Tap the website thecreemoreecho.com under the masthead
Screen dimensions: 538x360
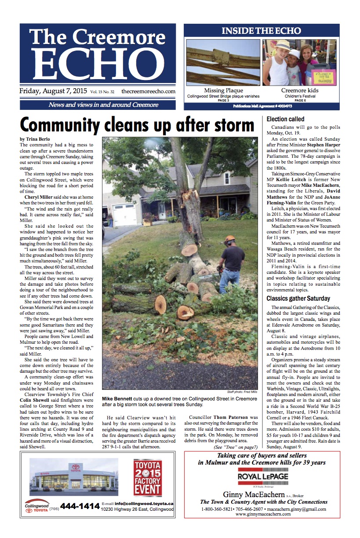click(148, 91)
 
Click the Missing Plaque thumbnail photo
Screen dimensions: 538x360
click(223, 62)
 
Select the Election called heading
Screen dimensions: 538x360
click(286, 119)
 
